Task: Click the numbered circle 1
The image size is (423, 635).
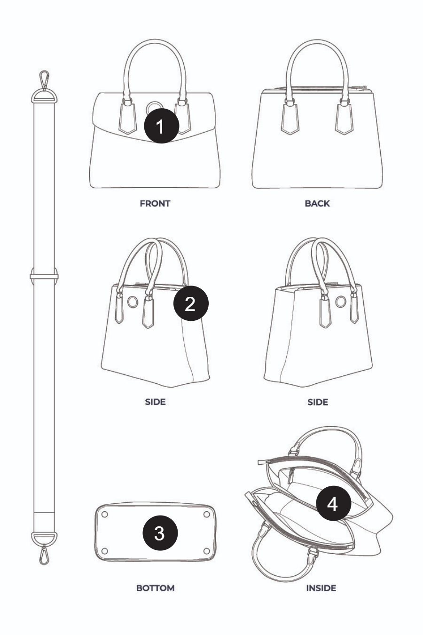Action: (162, 126)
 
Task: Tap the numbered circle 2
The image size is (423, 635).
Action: (191, 303)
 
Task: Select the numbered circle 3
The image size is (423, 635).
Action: (160, 533)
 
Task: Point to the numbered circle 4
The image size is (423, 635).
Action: (334, 503)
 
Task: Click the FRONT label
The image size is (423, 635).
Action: (155, 204)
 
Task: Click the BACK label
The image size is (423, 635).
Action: (317, 204)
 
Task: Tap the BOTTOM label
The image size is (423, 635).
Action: (155, 588)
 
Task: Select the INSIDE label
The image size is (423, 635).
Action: (321, 588)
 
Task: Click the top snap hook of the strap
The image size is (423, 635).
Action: (44, 79)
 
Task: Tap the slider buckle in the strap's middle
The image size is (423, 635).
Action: (44, 276)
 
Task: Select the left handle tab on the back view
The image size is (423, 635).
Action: (290, 119)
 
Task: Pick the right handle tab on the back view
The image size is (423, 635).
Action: (344, 119)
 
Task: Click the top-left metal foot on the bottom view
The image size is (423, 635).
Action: (104, 514)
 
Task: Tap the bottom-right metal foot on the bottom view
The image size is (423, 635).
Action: (207, 551)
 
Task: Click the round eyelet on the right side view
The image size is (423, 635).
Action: (341, 302)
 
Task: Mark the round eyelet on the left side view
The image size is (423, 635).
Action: (133, 302)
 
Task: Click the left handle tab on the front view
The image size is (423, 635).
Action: (128, 119)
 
